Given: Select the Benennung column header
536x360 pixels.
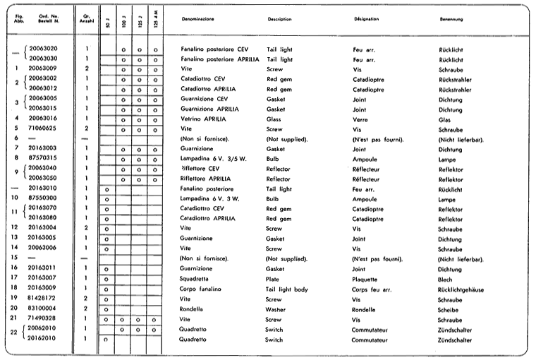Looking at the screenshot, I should pos(451,19).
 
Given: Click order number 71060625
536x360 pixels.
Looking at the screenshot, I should pos(43,129).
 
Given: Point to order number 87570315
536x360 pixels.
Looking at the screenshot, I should pos(43,159).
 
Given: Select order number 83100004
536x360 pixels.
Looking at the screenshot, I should pos(43,309).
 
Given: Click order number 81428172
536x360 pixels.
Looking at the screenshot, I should pos(43,299).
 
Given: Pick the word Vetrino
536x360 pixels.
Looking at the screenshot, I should pos(192,119).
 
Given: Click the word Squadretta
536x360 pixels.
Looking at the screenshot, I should pos(197,280).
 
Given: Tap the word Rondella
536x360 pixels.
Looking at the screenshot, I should pos(194,309).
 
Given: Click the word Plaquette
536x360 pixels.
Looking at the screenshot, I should pos(367,280).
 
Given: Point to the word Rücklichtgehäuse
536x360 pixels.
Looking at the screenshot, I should pos(464,289).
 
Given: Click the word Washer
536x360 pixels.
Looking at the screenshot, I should pos(276,309).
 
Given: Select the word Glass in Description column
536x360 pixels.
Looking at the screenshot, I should pos(274,119).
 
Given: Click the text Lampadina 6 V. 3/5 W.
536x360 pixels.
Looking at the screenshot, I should pos(212,159).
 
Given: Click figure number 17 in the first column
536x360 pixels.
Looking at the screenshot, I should pos(16,280).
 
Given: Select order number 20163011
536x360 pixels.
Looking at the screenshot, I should pos(43,269).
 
